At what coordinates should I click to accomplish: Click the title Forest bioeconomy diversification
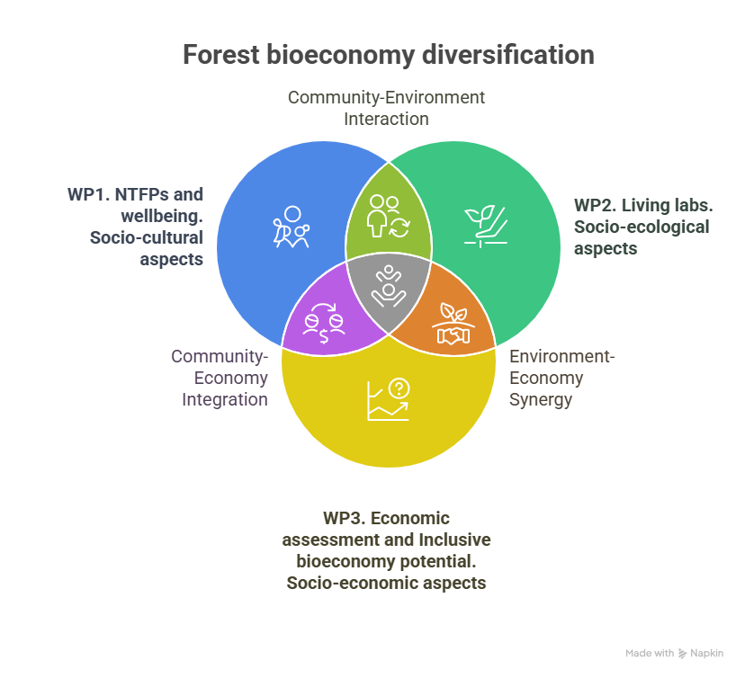click(x=388, y=55)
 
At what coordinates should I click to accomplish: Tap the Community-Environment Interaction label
click(x=386, y=107)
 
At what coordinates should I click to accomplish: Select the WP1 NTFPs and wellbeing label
click(x=136, y=226)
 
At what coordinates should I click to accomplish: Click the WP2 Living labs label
click(x=642, y=226)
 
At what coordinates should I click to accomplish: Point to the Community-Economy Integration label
click(x=220, y=378)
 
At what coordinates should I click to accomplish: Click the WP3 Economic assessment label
click(x=386, y=550)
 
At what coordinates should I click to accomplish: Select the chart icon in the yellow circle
click(x=388, y=399)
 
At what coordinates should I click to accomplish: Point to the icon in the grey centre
click(x=389, y=285)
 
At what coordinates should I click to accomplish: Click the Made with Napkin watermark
click(x=674, y=654)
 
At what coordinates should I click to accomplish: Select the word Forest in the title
click(x=221, y=55)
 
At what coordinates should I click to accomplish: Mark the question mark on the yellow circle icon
click(x=399, y=388)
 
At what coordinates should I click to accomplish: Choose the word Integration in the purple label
click(x=225, y=399)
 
